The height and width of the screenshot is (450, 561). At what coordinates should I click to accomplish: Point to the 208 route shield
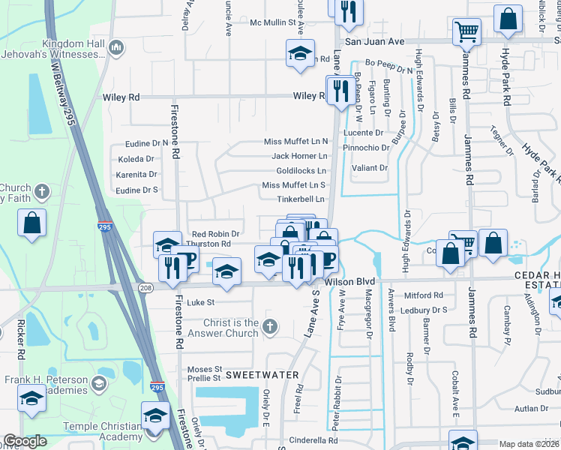tap(145, 287)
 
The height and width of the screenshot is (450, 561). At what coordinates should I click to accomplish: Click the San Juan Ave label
tap(374, 41)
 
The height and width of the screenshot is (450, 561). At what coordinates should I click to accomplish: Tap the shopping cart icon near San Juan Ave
tap(466, 32)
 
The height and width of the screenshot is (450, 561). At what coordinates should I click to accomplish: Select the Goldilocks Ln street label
tap(301, 170)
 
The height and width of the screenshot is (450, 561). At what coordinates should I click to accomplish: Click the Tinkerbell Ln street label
tap(301, 199)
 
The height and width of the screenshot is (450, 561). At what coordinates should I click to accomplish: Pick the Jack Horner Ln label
tap(300, 156)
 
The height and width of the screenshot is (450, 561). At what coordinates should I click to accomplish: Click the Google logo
tap(25, 442)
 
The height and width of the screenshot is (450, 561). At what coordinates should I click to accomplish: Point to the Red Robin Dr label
tap(215, 234)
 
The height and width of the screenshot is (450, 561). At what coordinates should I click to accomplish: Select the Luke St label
tap(200, 303)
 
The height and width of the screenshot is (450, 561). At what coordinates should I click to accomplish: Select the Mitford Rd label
tap(427, 295)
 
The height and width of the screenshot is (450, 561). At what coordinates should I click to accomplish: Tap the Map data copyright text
tap(529, 444)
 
